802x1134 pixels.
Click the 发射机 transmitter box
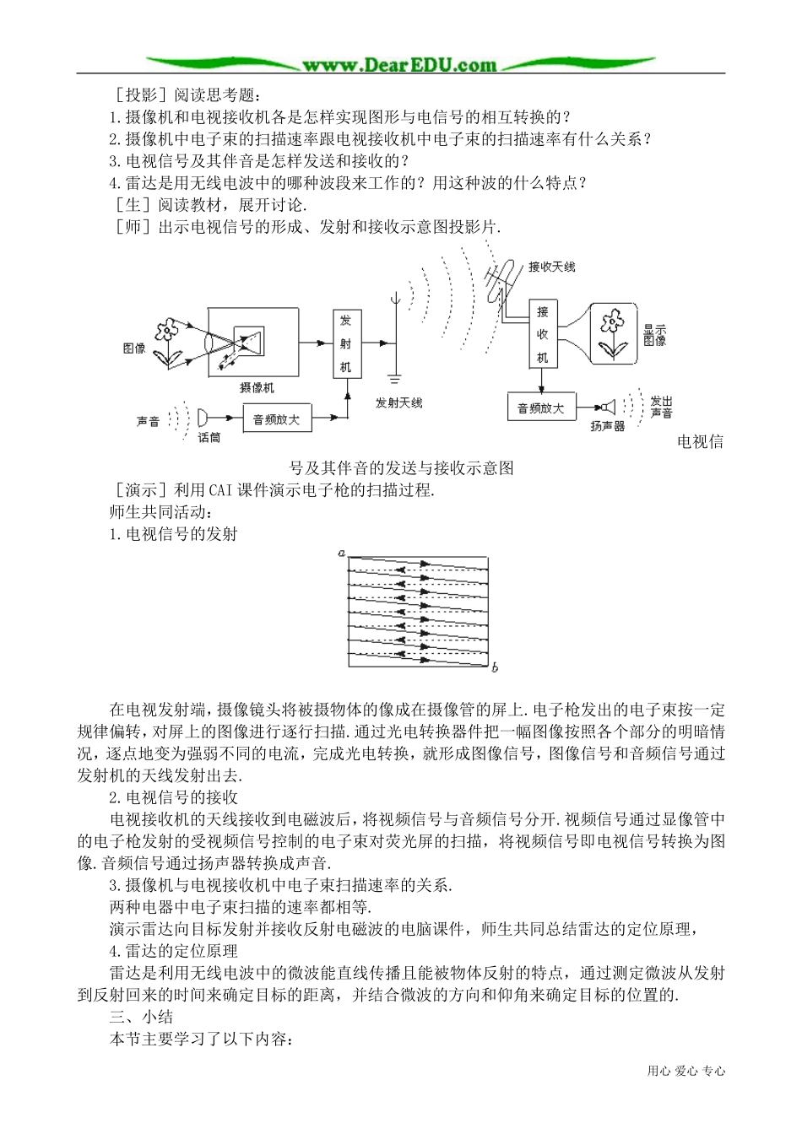[x=346, y=343]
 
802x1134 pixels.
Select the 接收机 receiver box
[x=543, y=334]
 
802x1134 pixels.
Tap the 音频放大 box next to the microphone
[x=277, y=418]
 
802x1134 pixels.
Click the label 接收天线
[x=551, y=267]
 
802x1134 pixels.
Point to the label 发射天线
[x=398, y=403]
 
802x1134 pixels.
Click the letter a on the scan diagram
[x=341, y=553]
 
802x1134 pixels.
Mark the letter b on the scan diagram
[x=495, y=668]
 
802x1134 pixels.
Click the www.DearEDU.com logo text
[x=399, y=64]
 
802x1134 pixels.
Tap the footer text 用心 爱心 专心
[x=685, y=1071]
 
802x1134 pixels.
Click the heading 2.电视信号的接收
[x=174, y=797]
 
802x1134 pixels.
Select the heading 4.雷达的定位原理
[x=174, y=951]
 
